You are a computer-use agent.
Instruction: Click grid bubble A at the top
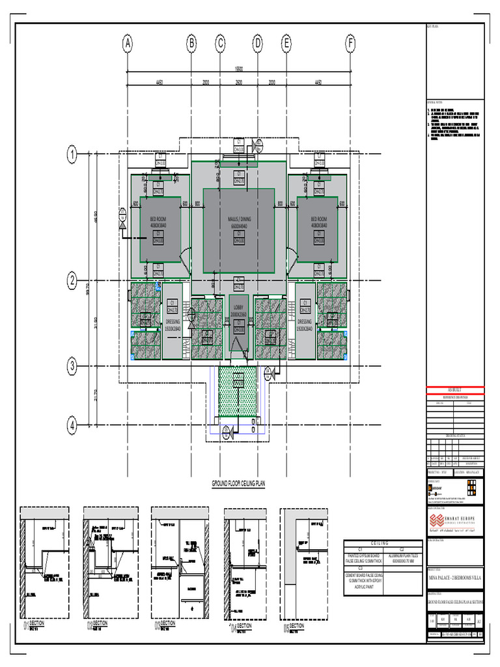click(128, 44)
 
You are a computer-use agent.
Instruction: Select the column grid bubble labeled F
click(350, 44)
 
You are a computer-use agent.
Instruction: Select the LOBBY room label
click(239, 307)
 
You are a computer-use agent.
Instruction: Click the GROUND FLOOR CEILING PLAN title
click(239, 484)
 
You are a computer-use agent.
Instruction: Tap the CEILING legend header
click(380, 543)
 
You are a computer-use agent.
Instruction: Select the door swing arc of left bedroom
click(184, 258)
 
